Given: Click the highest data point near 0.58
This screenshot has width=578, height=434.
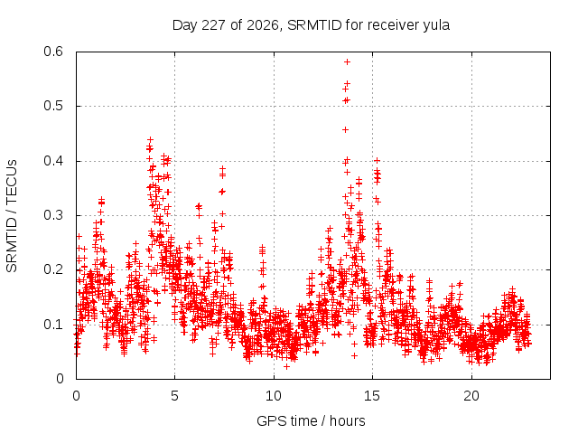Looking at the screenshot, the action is click(x=347, y=62).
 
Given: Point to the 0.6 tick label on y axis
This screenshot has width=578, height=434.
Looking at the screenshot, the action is click(x=53, y=52).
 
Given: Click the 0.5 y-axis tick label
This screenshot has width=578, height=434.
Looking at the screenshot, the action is click(x=53, y=106).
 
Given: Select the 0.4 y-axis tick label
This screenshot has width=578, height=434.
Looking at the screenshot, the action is click(x=53, y=161).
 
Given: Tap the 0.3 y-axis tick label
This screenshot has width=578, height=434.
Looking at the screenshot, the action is click(x=53, y=215).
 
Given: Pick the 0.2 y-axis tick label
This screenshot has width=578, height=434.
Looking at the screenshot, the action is click(x=53, y=269).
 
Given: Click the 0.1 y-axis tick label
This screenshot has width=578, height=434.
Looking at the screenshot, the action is click(x=53, y=325).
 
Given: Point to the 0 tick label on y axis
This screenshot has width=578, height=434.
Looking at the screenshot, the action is click(x=60, y=379).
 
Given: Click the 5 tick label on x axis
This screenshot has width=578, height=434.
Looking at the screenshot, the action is click(x=174, y=396).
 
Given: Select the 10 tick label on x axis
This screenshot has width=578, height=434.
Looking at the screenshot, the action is click(x=273, y=396).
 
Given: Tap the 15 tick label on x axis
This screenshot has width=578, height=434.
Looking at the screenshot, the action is click(x=372, y=396).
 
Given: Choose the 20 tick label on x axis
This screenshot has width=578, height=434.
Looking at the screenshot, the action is click(x=471, y=396).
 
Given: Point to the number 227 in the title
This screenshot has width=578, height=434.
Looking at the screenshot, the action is click(x=214, y=25).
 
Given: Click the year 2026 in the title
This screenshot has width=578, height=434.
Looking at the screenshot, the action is click(x=263, y=25).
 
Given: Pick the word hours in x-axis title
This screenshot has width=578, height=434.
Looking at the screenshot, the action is click(x=347, y=420).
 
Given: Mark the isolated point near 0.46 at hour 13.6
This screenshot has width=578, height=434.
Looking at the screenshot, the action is click(x=345, y=129).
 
